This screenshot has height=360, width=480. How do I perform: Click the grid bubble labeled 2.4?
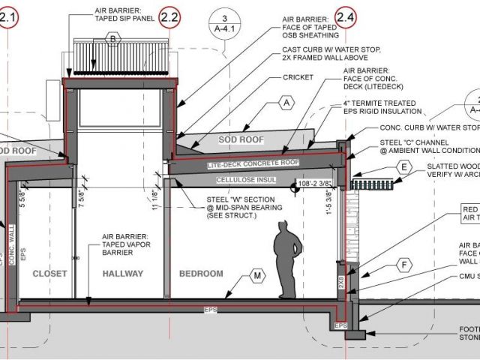coord(346,15)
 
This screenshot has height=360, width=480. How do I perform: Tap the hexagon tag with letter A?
coord(286,101)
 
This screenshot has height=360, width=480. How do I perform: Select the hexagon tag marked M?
coord(257,277)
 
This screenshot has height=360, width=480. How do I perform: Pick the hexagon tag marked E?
coord(404,166)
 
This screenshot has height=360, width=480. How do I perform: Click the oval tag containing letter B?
coord(113,38)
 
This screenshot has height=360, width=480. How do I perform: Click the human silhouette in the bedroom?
coord(286,263)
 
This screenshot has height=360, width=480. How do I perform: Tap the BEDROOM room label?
coord(201,274)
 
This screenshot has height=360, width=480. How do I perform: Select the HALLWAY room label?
coord(122,274)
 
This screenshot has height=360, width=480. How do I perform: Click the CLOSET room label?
coord(50,274)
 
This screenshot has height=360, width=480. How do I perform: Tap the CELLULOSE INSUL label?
coord(243,181)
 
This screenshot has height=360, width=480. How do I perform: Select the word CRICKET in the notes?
coord(298,77)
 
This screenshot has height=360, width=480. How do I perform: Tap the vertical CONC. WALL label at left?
coord(11,239)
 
